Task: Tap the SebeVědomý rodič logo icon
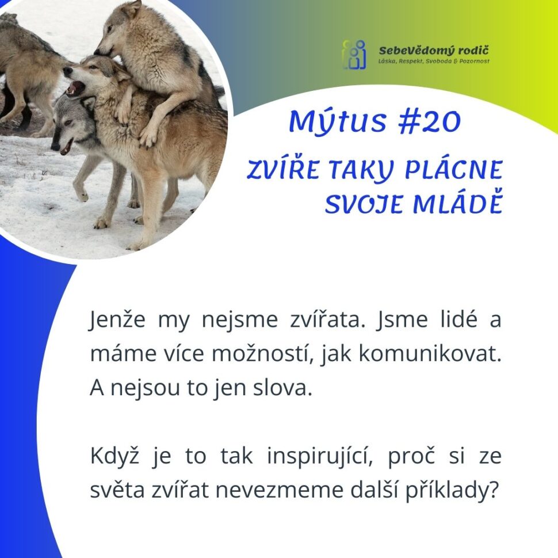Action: (x=354, y=55)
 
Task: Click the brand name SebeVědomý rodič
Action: (x=434, y=50)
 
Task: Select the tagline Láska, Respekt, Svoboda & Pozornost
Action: (x=434, y=62)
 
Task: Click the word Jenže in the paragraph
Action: (x=117, y=319)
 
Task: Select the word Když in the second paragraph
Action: (x=114, y=457)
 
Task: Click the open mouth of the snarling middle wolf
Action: (x=75, y=87)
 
